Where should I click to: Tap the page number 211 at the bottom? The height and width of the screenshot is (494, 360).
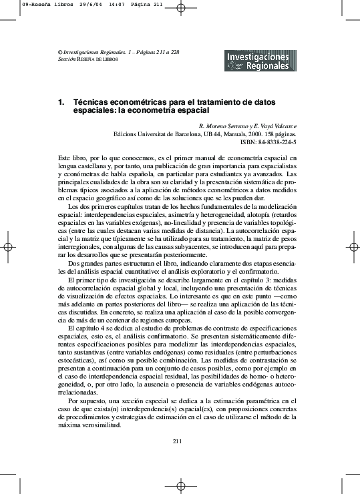(x=177, y=441)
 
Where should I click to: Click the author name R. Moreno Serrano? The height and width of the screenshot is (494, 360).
(x=225, y=126)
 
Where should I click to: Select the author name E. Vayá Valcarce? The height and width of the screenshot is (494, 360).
(x=277, y=126)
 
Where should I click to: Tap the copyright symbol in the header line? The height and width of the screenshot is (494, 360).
(x=60, y=51)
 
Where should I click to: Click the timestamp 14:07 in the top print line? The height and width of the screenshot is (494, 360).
(x=112, y=4)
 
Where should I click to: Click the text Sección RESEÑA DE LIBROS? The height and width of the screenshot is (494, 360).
(x=88, y=59)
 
